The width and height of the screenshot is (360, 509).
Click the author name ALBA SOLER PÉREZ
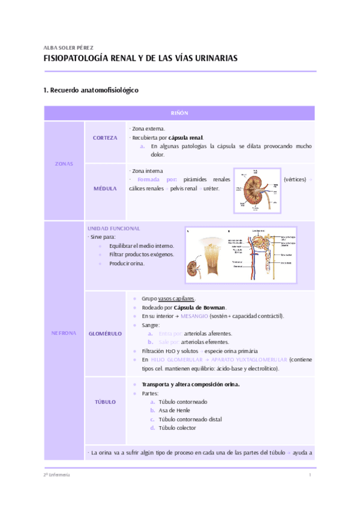[68, 47]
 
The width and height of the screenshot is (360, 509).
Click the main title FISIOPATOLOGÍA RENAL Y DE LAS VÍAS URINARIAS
[141, 59]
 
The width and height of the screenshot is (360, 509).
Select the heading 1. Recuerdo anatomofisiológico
[91, 90]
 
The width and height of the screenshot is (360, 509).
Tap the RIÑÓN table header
[179, 113]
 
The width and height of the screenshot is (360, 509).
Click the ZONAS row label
[64, 163]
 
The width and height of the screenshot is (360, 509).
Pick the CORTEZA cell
[105, 138]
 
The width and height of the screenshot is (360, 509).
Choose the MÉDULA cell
[105, 188]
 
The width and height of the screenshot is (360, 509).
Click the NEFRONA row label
[64, 333]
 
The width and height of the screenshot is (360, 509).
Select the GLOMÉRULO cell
[105, 333]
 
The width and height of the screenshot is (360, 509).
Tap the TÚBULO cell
[105, 402]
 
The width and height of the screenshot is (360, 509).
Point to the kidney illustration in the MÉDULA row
[257, 190]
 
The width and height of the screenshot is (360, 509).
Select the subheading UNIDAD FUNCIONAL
[114, 228]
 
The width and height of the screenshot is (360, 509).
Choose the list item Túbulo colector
[178, 428]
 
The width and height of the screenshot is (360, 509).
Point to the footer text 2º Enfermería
[57, 475]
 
